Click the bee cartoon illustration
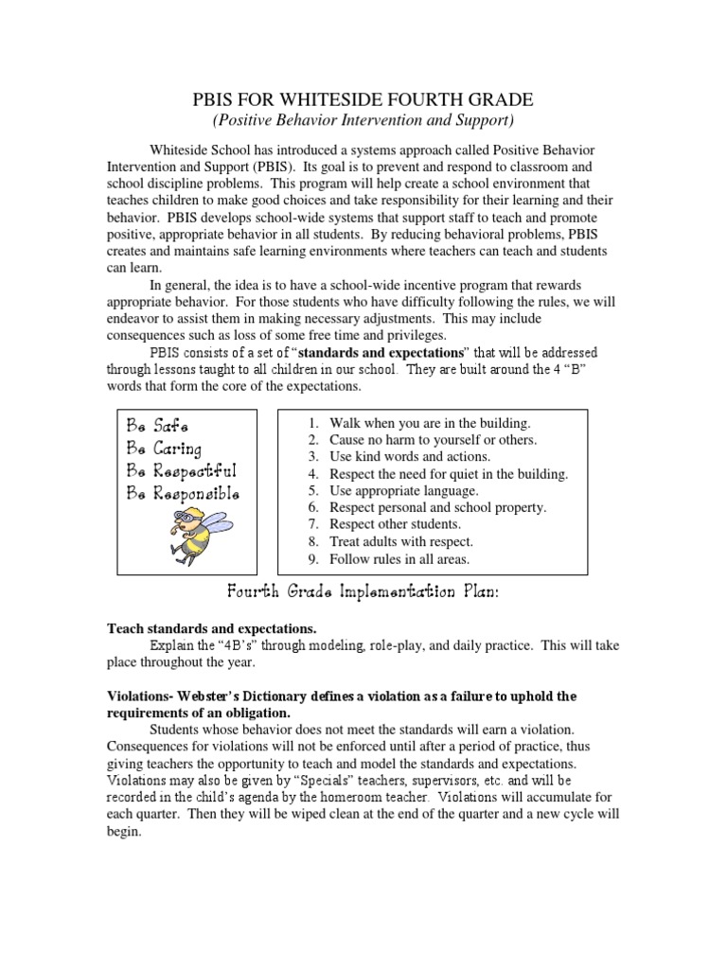pyautogui.click(x=195, y=534)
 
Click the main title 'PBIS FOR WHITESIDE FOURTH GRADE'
pyautogui.click(x=363, y=99)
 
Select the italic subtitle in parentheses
pyautogui.click(x=363, y=120)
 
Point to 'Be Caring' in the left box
pyautogui.click(x=164, y=448)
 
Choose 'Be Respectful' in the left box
pyautogui.click(x=180, y=470)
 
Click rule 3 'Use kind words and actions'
pyautogui.click(x=410, y=457)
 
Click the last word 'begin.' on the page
pyautogui.click(x=124, y=833)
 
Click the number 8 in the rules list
pyautogui.click(x=311, y=542)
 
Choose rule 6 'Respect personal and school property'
pyautogui.click(x=437, y=508)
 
